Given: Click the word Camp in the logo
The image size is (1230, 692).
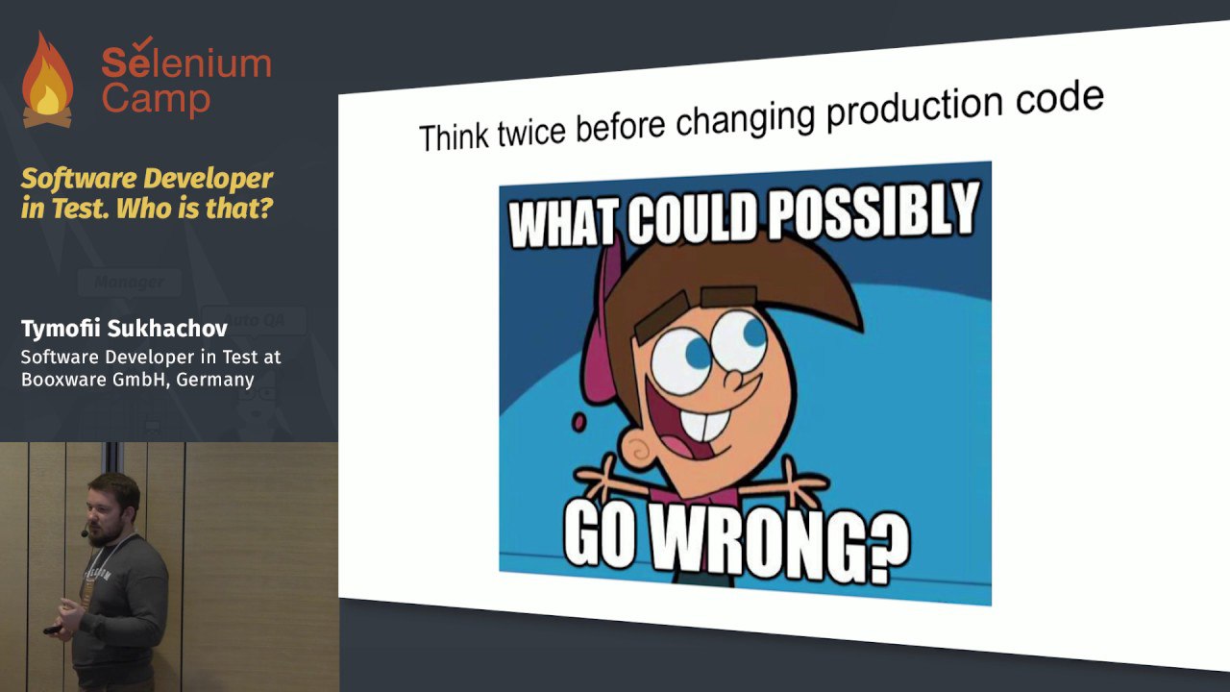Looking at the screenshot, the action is click(156, 99).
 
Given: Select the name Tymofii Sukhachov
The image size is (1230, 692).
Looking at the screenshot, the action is click(124, 329).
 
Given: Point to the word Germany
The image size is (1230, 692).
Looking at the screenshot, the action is click(215, 380).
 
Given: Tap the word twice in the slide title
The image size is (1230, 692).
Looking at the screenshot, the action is click(531, 131).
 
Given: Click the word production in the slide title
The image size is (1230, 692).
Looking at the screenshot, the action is click(915, 110).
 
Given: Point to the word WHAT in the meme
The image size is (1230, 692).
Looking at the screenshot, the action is click(566, 221).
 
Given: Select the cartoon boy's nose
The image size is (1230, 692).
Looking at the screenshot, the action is click(733, 379).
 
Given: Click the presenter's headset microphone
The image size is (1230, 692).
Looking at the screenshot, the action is click(84, 531).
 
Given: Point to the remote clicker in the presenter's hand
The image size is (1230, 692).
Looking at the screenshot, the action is click(53, 630).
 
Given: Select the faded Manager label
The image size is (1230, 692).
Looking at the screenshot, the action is click(129, 283).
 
